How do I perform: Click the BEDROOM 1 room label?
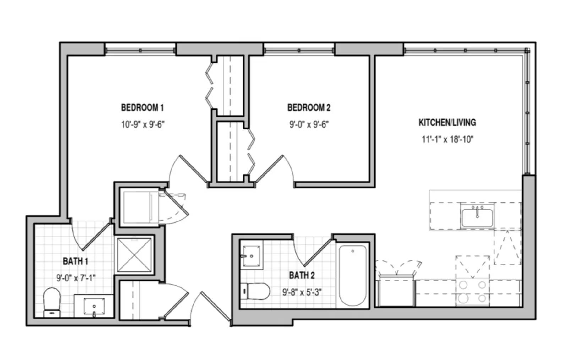click(x=142, y=108)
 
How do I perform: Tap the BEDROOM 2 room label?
click(x=309, y=108)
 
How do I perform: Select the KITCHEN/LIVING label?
click(x=447, y=122)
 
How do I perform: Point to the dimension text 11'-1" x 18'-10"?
click(x=448, y=140)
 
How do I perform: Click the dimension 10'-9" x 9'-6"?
click(x=143, y=125)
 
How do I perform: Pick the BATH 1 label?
click(x=75, y=261)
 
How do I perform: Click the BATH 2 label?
click(x=302, y=275)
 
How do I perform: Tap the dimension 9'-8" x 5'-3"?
click(x=302, y=293)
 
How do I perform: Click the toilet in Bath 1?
click(x=52, y=302)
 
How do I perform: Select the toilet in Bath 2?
click(x=255, y=291)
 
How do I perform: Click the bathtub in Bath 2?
click(x=353, y=275)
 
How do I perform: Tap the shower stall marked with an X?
click(x=135, y=255)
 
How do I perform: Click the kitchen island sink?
click(x=477, y=217)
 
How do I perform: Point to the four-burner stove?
click(x=473, y=292)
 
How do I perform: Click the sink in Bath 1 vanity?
click(x=94, y=306)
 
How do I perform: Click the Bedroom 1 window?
click(x=140, y=50)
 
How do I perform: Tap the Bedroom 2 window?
click(x=299, y=50)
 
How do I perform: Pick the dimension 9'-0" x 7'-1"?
click(x=76, y=278)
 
